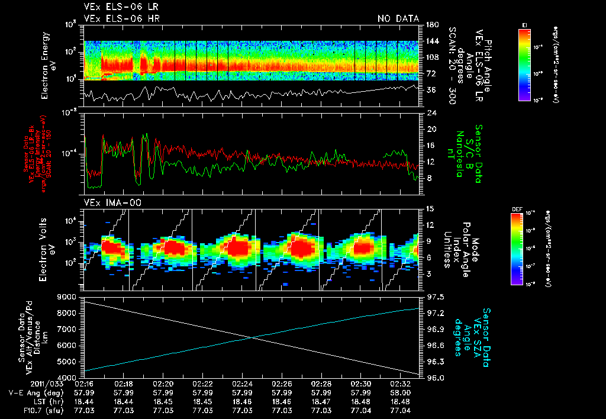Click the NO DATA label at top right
[398, 19]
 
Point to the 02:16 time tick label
[84, 383]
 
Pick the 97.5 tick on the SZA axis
[430, 296]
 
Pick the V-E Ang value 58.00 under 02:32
[401, 392]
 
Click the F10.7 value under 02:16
[84, 410]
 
